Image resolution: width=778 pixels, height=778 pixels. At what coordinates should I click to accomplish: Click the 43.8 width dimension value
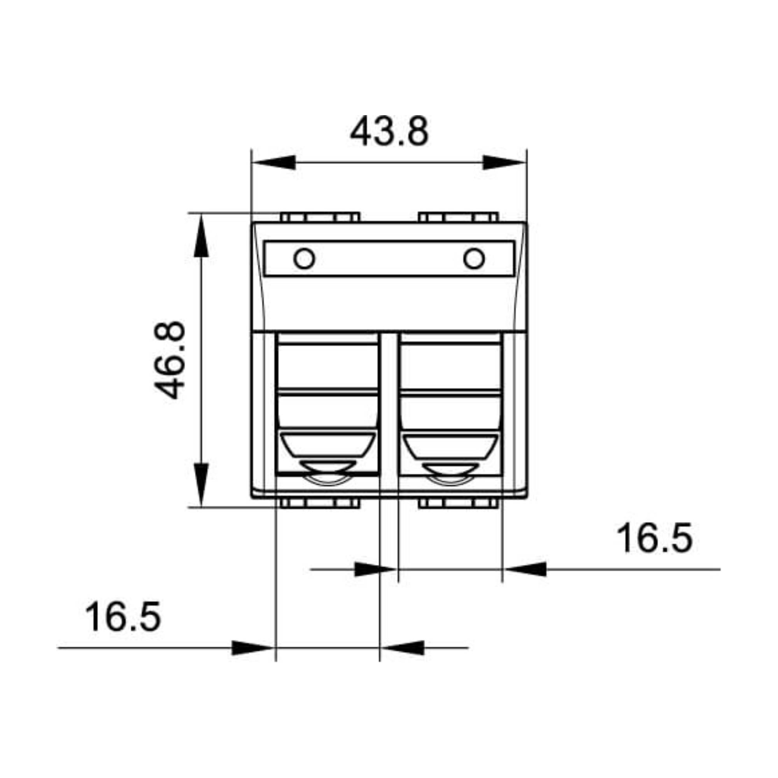389,131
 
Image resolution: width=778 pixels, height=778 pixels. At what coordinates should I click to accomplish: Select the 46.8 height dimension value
170,360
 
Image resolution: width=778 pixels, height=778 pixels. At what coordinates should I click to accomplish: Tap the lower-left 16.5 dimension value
123,616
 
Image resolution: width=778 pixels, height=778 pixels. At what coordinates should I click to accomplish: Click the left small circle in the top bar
304,258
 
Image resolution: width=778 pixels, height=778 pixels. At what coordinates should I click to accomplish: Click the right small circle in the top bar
474,258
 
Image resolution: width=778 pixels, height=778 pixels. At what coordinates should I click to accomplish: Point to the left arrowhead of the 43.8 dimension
273,163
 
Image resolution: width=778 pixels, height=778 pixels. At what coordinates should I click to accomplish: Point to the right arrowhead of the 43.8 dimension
505,163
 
